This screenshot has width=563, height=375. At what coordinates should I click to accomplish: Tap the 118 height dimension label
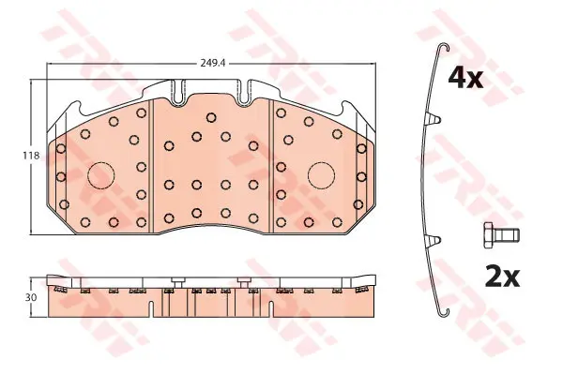click(31, 157)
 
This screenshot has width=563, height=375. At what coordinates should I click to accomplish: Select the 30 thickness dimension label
click(31, 297)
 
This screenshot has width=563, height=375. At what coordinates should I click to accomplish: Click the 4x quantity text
click(465, 80)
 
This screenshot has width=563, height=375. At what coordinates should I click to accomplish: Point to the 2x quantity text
click(503, 277)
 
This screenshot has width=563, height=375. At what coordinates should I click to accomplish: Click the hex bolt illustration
click(502, 234)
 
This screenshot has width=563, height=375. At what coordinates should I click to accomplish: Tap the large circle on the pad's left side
click(101, 175)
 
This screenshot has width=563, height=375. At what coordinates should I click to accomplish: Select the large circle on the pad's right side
click(321, 175)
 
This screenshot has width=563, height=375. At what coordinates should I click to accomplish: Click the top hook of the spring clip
click(444, 46)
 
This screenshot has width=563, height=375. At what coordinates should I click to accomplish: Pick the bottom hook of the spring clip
click(444, 311)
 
